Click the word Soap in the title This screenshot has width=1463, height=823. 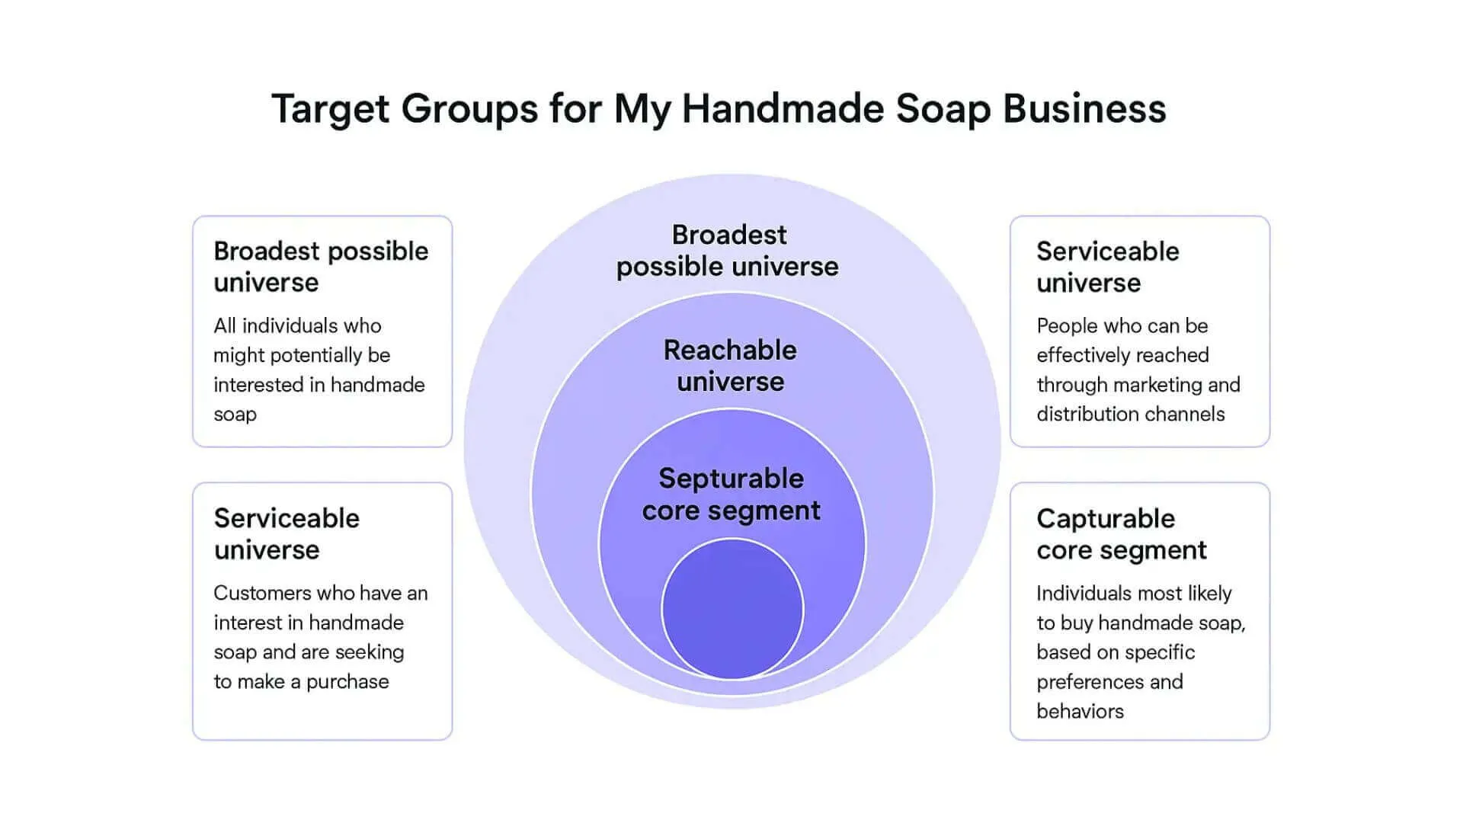pos(943,109)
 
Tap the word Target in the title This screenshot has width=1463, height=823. pos(331,109)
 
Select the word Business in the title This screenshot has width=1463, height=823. pos(1084,109)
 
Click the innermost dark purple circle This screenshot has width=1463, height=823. pos(732,609)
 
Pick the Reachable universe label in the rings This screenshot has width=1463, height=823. pos(730,366)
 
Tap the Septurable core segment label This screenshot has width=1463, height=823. pos(731,495)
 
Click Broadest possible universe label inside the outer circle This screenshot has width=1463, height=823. pos(728,251)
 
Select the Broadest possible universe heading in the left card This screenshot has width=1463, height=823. pos(321,267)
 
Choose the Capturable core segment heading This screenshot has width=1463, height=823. pos(1121,534)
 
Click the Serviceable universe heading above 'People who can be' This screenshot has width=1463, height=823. pos(1107,267)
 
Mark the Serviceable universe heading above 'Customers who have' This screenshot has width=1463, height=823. pos(287,534)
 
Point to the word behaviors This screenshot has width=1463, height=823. pos(1080,712)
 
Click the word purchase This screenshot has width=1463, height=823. pos(347,682)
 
